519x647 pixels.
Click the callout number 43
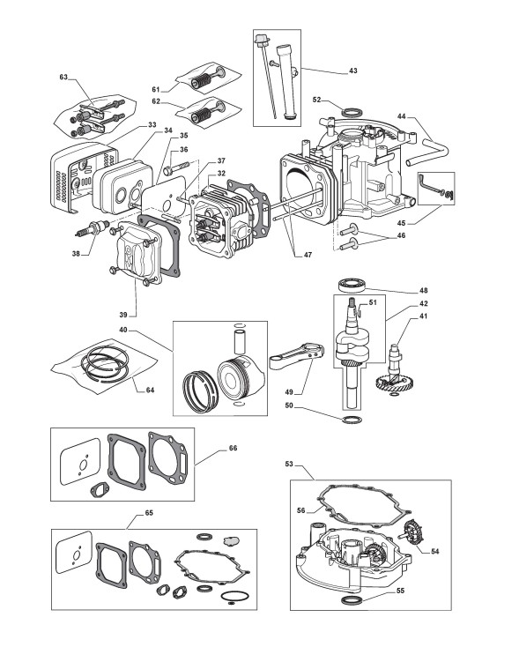click(353, 71)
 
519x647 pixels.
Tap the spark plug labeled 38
click(93, 227)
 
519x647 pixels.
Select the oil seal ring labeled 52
click(352, 111)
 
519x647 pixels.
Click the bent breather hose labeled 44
click(429, 152)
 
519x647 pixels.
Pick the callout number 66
click(234, 448)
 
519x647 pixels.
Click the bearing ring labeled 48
click(352, 285)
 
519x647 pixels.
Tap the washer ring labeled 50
click(352, 420)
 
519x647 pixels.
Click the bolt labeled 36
click(176, 168)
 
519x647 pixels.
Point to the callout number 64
click(150, 390)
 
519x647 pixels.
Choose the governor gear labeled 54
click(411, 532)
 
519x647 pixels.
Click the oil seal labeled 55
click(352, 599)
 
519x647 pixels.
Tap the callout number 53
click(289, 464)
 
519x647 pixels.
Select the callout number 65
click(149, 513)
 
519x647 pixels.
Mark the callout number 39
click(123, 315)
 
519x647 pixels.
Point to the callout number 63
click(63, 78)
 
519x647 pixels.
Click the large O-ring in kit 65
click(234, 596)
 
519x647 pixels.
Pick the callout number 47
click(308, 255)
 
